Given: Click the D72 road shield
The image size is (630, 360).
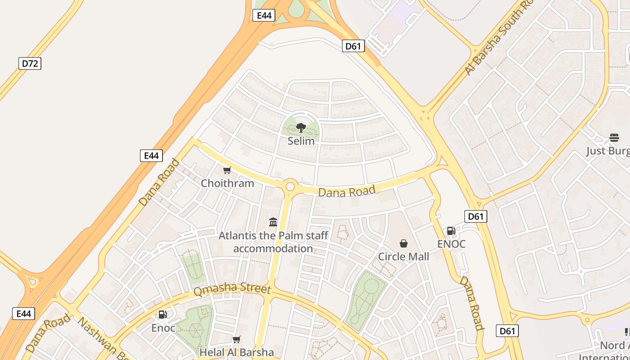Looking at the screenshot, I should click(30, 63).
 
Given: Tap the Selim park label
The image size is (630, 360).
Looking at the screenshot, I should click(301, 141).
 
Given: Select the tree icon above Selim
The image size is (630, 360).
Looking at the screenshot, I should click(301, 128).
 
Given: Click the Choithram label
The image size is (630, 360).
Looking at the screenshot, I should click(227, 183).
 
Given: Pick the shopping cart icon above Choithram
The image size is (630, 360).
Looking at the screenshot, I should click(227, 170).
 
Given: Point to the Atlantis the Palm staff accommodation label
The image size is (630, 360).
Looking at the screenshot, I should click(273, 242).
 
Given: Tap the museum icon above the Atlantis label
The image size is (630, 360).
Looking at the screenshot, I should click(273, 222).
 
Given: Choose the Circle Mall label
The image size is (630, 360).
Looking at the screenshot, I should click(403, 256).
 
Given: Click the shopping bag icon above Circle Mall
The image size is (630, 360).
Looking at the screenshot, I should click(404, 243).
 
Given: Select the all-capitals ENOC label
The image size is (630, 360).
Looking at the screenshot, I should click(451, 244).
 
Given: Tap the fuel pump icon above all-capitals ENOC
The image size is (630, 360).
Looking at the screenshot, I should click(451, 231).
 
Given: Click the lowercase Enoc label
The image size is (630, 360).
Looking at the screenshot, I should click(163, 328).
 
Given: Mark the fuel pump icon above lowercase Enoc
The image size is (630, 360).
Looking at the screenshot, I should click(162, 315).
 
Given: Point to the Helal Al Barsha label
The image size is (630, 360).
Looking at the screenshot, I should click(237, 352).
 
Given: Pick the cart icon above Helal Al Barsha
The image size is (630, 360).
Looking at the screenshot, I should click(237, 339).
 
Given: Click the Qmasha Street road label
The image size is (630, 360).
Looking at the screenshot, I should click(232, 290).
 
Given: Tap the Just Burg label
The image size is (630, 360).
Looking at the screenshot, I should click(607, 151).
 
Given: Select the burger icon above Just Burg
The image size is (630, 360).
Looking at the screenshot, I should click(614, 137).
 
